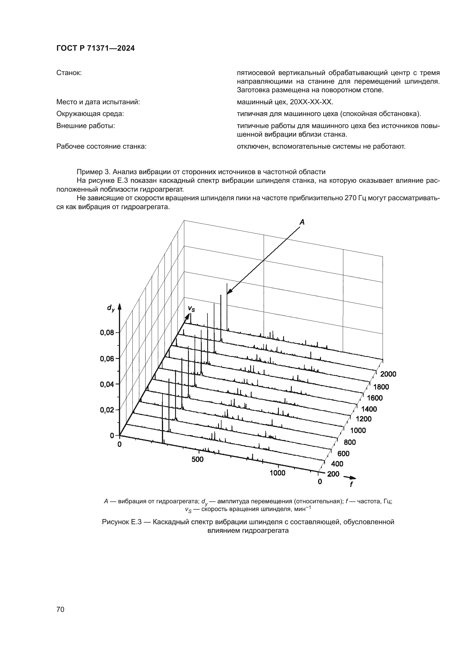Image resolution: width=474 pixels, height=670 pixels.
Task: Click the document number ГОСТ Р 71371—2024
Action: click(x=95, y=48)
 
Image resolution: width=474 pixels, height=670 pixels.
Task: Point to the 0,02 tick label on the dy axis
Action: click(x=107, y=410)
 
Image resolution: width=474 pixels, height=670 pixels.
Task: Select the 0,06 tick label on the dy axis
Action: click(x=107, y=359)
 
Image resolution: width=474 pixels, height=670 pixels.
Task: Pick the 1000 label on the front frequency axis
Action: click(x=277, y=473)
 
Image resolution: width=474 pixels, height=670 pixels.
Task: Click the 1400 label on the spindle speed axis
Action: click(x=369, y=409)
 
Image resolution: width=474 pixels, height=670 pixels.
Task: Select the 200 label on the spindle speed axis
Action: click(x=333, y=474)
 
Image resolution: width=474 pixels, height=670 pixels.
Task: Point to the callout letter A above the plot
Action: click(x=302, y=222)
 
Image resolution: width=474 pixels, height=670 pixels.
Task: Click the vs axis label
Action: click(x=191, y=309)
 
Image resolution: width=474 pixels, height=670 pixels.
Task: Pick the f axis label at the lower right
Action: click(x=351, y=484)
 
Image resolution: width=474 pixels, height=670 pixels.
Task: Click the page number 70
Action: click(x=60, y=610)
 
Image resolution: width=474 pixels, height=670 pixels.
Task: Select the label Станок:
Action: click(x=69, y=73)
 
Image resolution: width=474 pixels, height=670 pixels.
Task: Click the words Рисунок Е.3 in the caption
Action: click(x=122, y=522)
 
